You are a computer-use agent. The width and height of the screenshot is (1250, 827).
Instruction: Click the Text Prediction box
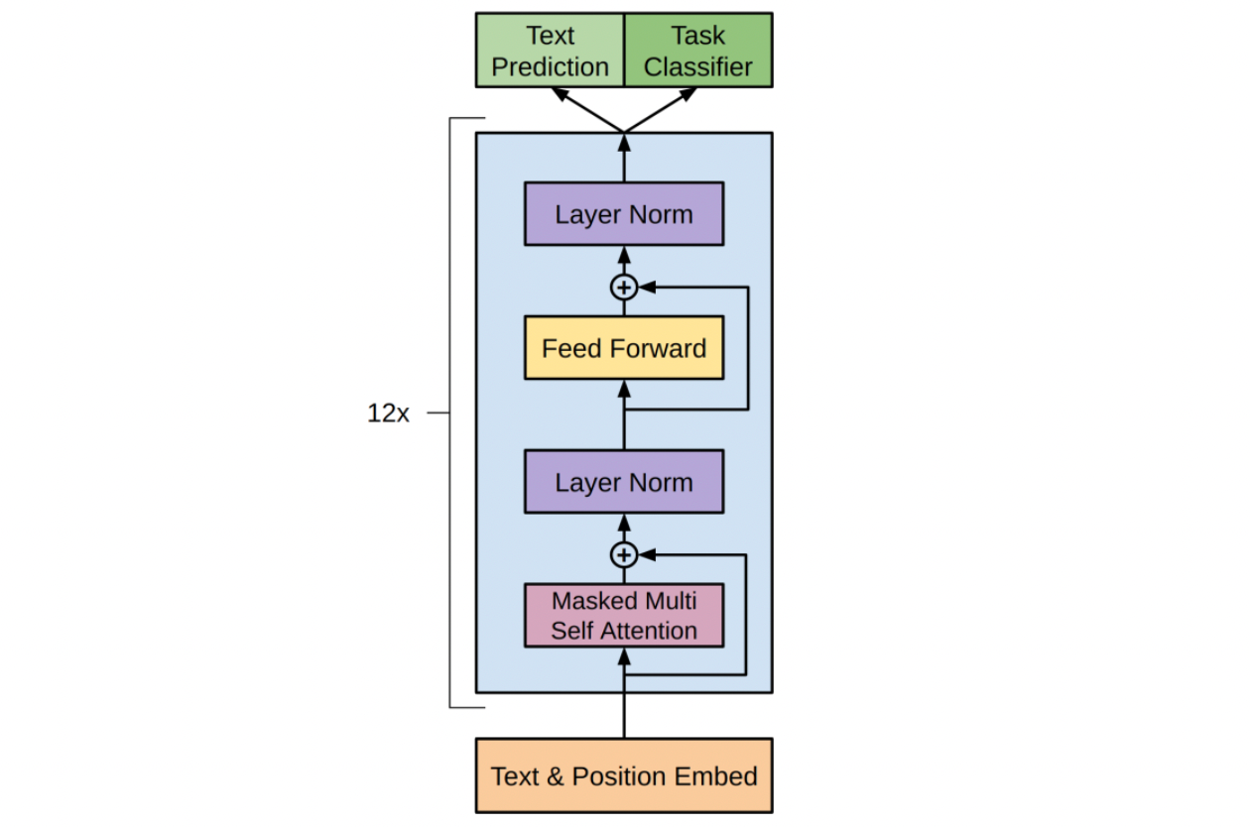(x=550, y=51)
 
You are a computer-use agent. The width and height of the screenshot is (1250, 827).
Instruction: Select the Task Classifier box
(x=697, y=51)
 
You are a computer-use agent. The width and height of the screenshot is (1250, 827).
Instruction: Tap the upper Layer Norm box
(x=624, y=214)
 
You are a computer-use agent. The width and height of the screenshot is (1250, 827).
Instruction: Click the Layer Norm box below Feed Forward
(x=624, y=483)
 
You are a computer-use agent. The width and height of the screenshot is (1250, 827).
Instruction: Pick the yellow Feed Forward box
(x=624, y=349)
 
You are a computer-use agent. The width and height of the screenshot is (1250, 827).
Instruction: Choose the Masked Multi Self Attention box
(x=624, y=616)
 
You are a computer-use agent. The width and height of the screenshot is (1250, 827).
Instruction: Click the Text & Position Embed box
(x=624, y=775)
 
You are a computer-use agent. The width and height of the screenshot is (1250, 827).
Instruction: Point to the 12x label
(x=388, y=413)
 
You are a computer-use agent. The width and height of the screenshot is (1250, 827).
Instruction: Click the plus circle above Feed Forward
(x=624, y=288)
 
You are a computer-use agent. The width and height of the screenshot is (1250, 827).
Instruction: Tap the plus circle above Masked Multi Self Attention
(x=624, y=554)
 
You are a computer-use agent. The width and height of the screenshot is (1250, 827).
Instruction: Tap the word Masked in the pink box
(x=593, y=601)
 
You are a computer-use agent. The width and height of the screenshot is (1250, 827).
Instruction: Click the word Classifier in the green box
(x=697, y=67)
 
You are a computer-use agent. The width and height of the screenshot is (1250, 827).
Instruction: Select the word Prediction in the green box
(x=550, y=67)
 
